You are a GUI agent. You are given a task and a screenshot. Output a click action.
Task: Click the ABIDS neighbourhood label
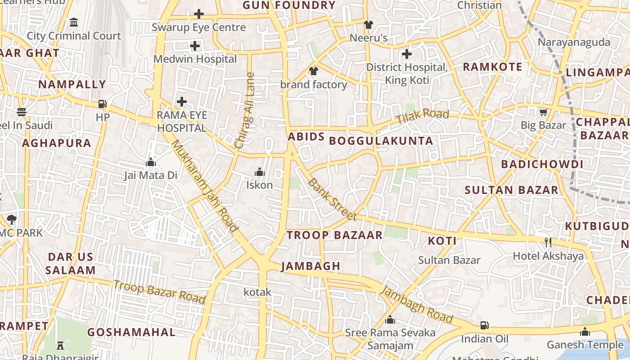(x=306, y=136)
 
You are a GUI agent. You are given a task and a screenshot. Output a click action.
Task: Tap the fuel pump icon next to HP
(x=103, y=104)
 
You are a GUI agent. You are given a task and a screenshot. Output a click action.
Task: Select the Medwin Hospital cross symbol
(x=195, y=46)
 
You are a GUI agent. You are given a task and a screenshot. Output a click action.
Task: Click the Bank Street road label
(x=333, y=199)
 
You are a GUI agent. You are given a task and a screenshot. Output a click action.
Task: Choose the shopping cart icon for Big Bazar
(x=544, y=112)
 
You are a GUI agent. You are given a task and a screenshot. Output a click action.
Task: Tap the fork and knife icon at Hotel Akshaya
(x=548, y=243)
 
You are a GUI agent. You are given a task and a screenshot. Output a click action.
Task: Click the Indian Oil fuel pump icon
(x=484, y=325)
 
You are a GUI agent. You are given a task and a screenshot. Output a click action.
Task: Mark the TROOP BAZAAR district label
(x=334, y=235)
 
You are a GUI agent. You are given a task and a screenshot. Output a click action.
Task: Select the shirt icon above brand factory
(x=314, y=71)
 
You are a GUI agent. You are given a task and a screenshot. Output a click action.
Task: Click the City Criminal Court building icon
(x=74, y=22)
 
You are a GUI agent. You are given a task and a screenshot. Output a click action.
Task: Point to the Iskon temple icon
(x=259, y=172)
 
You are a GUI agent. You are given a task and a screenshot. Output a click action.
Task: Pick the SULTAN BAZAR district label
(x=511, y=190)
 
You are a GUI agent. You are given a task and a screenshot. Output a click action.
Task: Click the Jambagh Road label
(x=417, y=304)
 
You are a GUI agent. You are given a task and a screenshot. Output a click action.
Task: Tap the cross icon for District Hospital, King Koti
(x=407, y=54)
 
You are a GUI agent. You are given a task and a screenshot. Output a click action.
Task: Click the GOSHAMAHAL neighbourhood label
(x=131, y=333)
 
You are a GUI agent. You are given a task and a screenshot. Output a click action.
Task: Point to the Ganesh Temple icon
(x=585, y=332)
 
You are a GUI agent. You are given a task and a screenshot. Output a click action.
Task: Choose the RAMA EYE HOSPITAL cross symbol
(x=182, y=102)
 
